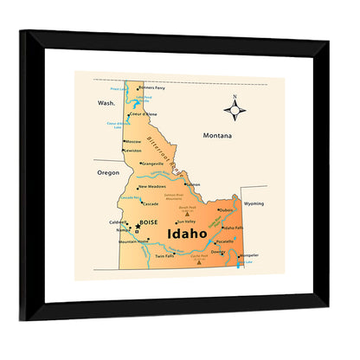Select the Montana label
tap(218, 136)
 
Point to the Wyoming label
tap(254, 203)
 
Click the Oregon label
tap(108, 172)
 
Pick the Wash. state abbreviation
tap(106, 102)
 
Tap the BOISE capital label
tap(150, 222)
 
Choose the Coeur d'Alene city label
tap(144, 114)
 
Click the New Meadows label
tap(151, 186)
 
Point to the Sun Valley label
tap(186, 222)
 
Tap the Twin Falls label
tap(164, 256)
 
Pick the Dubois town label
tap(226, 209)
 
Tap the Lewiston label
tap(132, 151)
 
